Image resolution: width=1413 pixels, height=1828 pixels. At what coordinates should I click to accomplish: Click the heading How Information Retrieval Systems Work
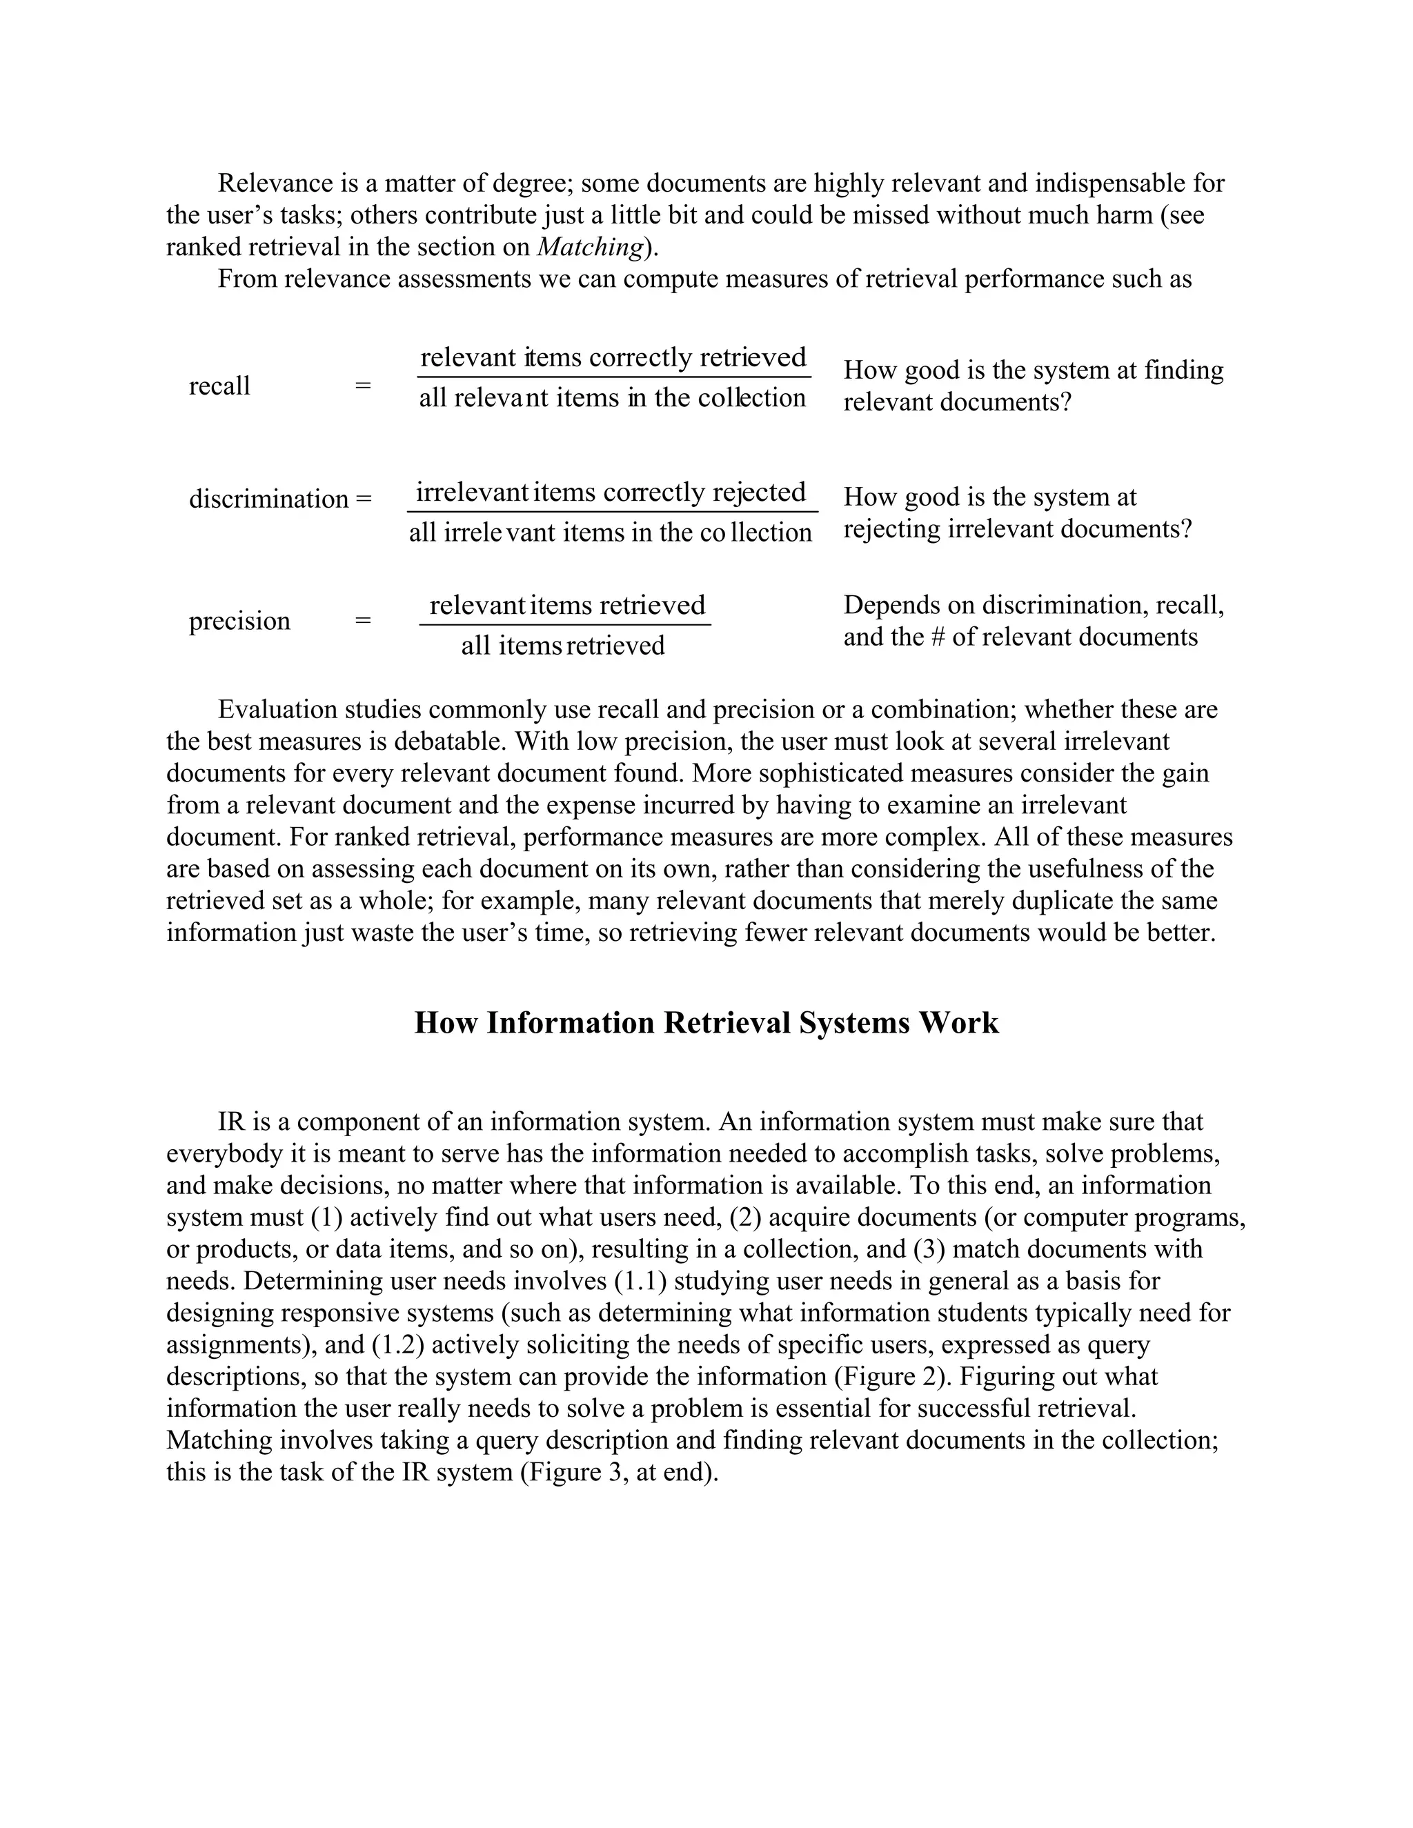[x=706, y=1023]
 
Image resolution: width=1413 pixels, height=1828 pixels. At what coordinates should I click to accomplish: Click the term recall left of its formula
[x=219, y=386]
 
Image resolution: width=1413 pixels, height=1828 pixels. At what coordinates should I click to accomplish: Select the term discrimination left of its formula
[x=268, y=499]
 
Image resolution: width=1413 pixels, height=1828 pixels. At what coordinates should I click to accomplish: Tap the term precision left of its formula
[x=239, y=621]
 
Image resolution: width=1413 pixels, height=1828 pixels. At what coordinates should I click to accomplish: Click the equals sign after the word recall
[x=362, y=386]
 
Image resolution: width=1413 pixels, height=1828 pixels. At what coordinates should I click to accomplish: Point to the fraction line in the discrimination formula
[x=612, y=511]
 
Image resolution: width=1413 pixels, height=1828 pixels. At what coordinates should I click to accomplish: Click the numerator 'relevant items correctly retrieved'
[x=613, y=357]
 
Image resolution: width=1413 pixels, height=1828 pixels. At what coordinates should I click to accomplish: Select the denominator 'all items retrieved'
[x=562, y=646]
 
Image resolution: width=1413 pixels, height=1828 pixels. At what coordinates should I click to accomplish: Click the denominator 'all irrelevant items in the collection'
[x=610, y=533]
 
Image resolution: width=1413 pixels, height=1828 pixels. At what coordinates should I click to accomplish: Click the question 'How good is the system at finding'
[x=1033, y=370]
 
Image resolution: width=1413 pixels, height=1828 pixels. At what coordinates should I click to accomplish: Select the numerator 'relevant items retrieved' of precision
[x=566, y=605]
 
